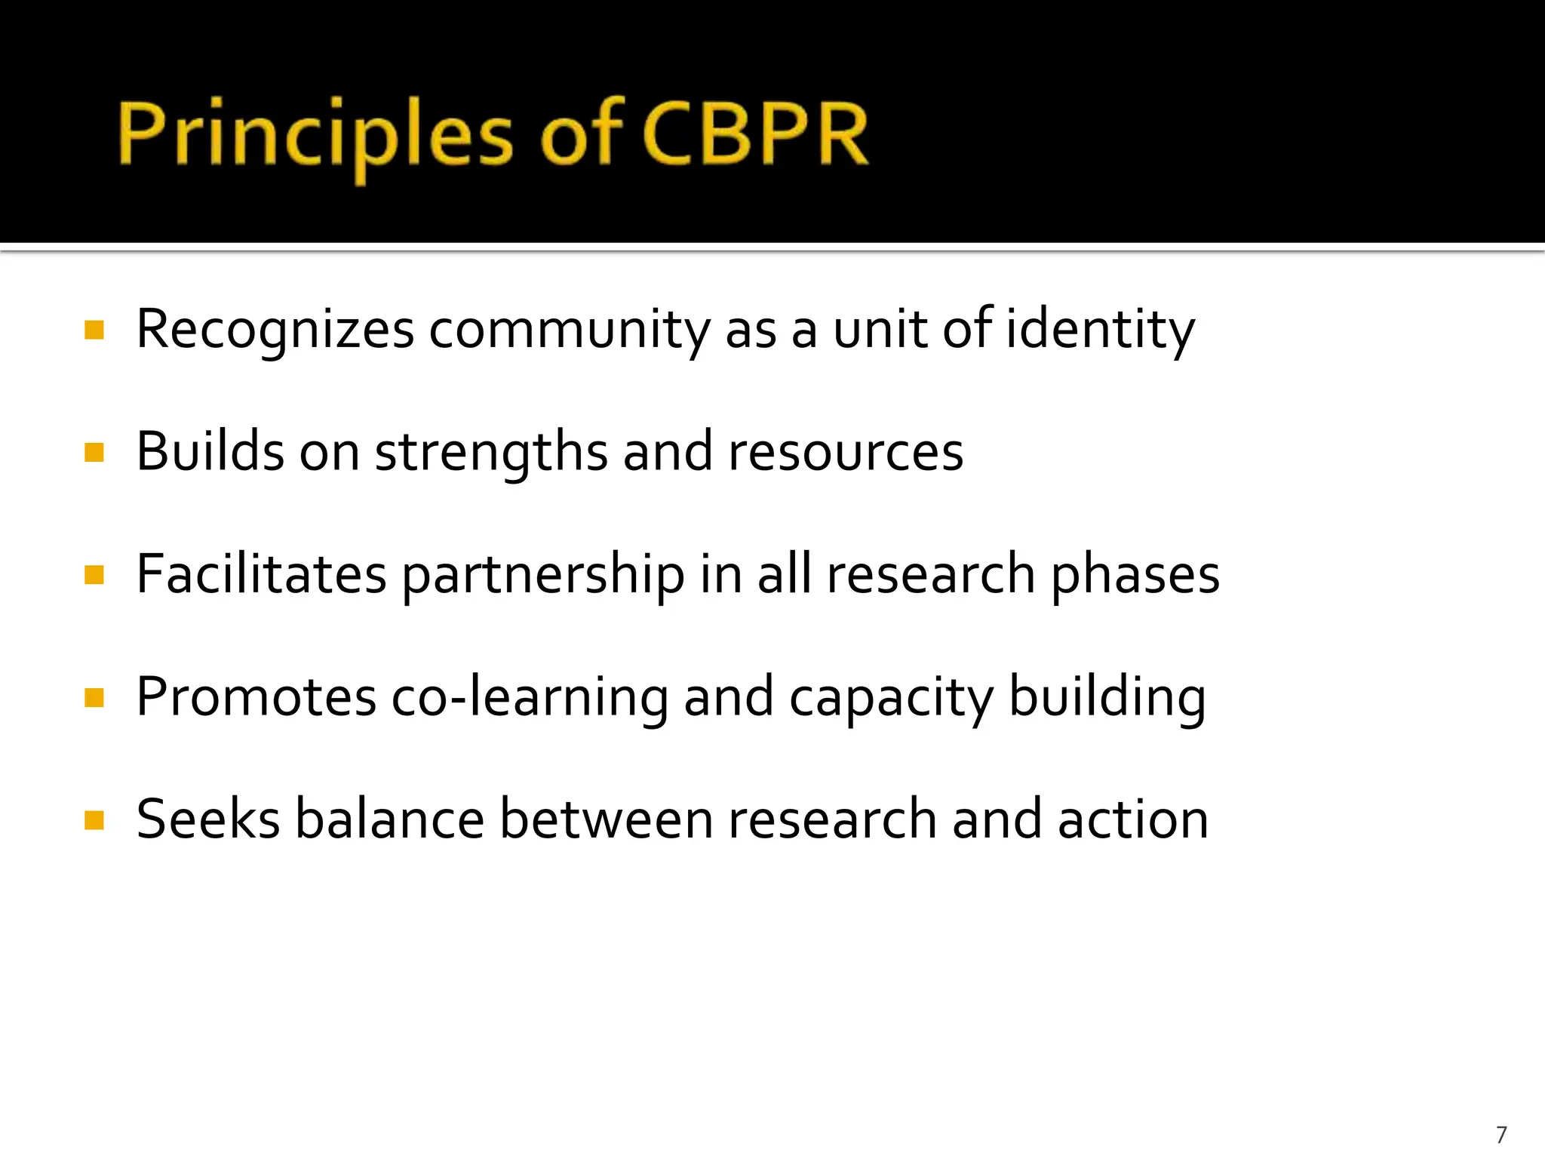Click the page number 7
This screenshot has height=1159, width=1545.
coord(1501,1134)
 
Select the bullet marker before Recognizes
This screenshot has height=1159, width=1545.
coord(94,330)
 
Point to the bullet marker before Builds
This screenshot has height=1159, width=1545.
coord(94,453)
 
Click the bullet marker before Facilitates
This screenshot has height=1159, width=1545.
coord(94,575)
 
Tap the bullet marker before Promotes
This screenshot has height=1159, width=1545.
coord(94,698)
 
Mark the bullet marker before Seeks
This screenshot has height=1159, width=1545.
coord(94,820)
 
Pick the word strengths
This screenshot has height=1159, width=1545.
coord(491,453)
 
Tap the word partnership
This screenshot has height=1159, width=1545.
coord(543,576)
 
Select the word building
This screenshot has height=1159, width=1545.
coord(1107,698)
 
